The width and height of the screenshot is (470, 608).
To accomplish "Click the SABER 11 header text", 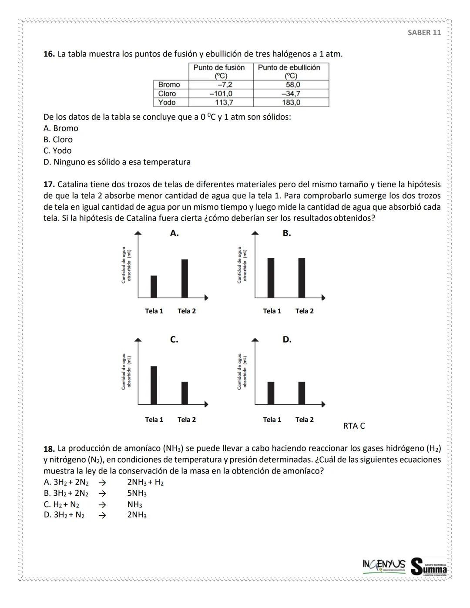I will coord(424,33).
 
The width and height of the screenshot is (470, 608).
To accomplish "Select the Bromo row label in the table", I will coord(169,84).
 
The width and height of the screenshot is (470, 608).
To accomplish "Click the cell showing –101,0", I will coord(221,94).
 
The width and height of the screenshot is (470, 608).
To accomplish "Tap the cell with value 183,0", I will coord(291,103).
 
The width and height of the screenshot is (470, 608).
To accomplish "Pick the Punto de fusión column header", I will coord(219,71).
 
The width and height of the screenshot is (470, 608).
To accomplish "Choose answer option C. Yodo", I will coord(57,151).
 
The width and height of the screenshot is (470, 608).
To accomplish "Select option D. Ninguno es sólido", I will coord(117,162).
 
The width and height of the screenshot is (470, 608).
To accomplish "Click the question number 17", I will coord(49,185).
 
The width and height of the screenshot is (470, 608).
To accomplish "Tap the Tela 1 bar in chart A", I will coord(154,286).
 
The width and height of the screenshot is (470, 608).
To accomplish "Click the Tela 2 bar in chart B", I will coord(302,278).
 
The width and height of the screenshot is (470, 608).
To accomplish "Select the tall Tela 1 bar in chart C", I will coord(154,385).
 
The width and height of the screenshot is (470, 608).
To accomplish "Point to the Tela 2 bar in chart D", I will coord(302,393).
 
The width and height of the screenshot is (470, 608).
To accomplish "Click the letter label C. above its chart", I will coord(174,339).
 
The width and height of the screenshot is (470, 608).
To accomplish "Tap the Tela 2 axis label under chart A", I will coord(186,311).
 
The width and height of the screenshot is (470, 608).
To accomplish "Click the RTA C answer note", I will coord(354,426).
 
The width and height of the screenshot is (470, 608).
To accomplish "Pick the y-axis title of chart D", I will coord(242,371).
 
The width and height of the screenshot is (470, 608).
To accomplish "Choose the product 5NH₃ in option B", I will coord(137,494).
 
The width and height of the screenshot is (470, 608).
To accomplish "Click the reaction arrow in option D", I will coord(102,515).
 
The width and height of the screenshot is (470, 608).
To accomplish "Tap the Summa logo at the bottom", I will coord(429,567).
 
